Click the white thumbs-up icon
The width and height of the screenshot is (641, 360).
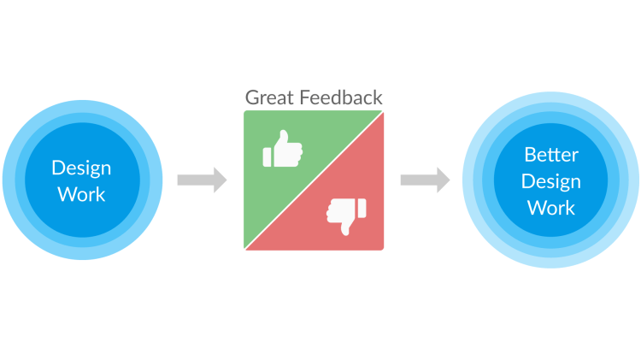coord(283,150)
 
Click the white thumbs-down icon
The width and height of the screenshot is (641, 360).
coord(346,215)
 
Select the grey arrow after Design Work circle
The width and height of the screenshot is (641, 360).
coord(202,180)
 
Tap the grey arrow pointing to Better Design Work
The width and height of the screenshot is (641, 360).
coord(425,180)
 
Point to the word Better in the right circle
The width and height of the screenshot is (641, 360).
coord(551,156)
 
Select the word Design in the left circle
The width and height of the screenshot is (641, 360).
coord(81,168)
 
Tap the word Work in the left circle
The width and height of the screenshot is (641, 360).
coord(81,194)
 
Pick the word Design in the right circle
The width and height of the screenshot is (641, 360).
coord(551,181)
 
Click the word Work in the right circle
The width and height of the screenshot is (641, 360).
coord(551,208)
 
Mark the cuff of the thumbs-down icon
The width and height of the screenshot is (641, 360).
coord(362,207)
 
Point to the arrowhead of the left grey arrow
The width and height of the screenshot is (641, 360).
coord(221,180)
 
